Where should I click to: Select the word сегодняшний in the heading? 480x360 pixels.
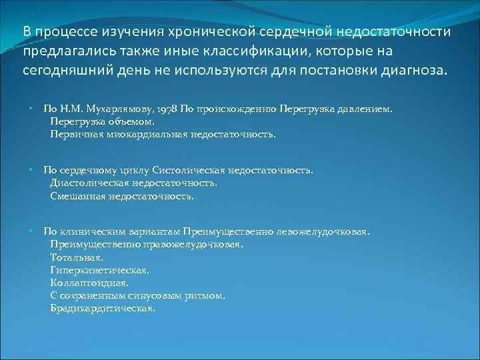pyautogui.click(x=63, y=71)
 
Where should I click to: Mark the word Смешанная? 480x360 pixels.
pyautogui.click(x=75, y=196)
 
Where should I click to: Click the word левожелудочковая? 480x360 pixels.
pyautogui.click(x=327, y=231)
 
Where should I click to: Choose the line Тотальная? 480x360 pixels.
pyautogui.click(x=77, y=257)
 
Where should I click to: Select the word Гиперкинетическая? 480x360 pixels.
pyautogui.click(x=99, y=270)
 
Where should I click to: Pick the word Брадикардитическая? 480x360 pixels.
pyautogui.click(x=103, y=309)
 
